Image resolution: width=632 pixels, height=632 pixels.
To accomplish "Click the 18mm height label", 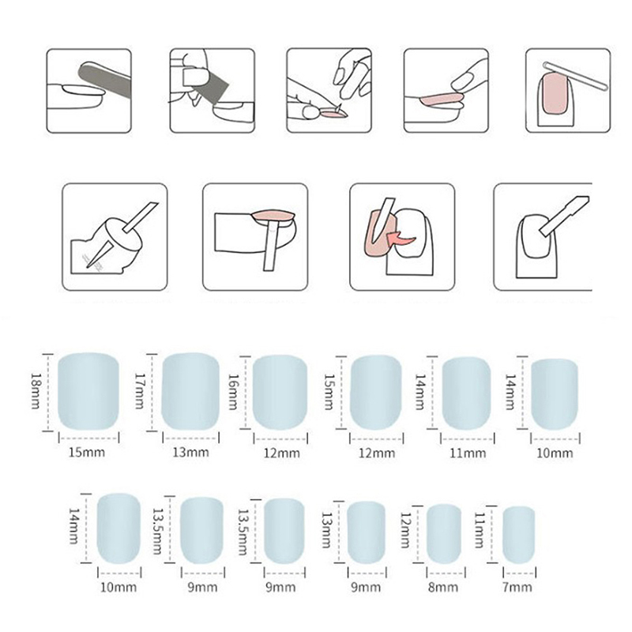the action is tap(36, 390).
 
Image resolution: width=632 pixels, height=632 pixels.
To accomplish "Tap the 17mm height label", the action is tap(140, 390).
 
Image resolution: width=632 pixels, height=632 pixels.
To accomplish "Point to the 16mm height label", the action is tap(233, 392).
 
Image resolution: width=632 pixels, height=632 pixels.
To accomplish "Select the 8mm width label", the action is tap(443, 587).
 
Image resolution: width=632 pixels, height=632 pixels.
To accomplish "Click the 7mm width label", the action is tap(517, 587).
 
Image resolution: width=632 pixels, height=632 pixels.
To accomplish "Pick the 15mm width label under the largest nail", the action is tap(87, 452).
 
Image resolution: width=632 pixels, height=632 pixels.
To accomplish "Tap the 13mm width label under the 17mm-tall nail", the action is tap(190, 452).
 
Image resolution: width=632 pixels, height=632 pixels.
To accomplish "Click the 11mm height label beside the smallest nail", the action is tap(479, 530).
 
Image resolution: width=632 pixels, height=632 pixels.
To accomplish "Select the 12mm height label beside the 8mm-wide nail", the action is tap(405, 530).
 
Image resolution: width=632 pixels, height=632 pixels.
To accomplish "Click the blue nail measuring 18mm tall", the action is tap(88, 391).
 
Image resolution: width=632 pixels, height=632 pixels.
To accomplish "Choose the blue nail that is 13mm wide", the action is tap(190, 391).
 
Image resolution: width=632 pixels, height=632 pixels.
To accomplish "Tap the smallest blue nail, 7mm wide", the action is tap(519, 535).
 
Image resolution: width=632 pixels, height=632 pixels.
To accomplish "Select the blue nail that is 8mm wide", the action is tap(444, 534).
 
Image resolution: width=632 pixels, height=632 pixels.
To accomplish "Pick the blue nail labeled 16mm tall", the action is tap(280, 393).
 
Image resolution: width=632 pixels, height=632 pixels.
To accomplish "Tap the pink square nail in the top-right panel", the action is tap(555, 93).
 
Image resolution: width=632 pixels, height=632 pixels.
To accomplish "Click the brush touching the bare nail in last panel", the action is tap(564, 216).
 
